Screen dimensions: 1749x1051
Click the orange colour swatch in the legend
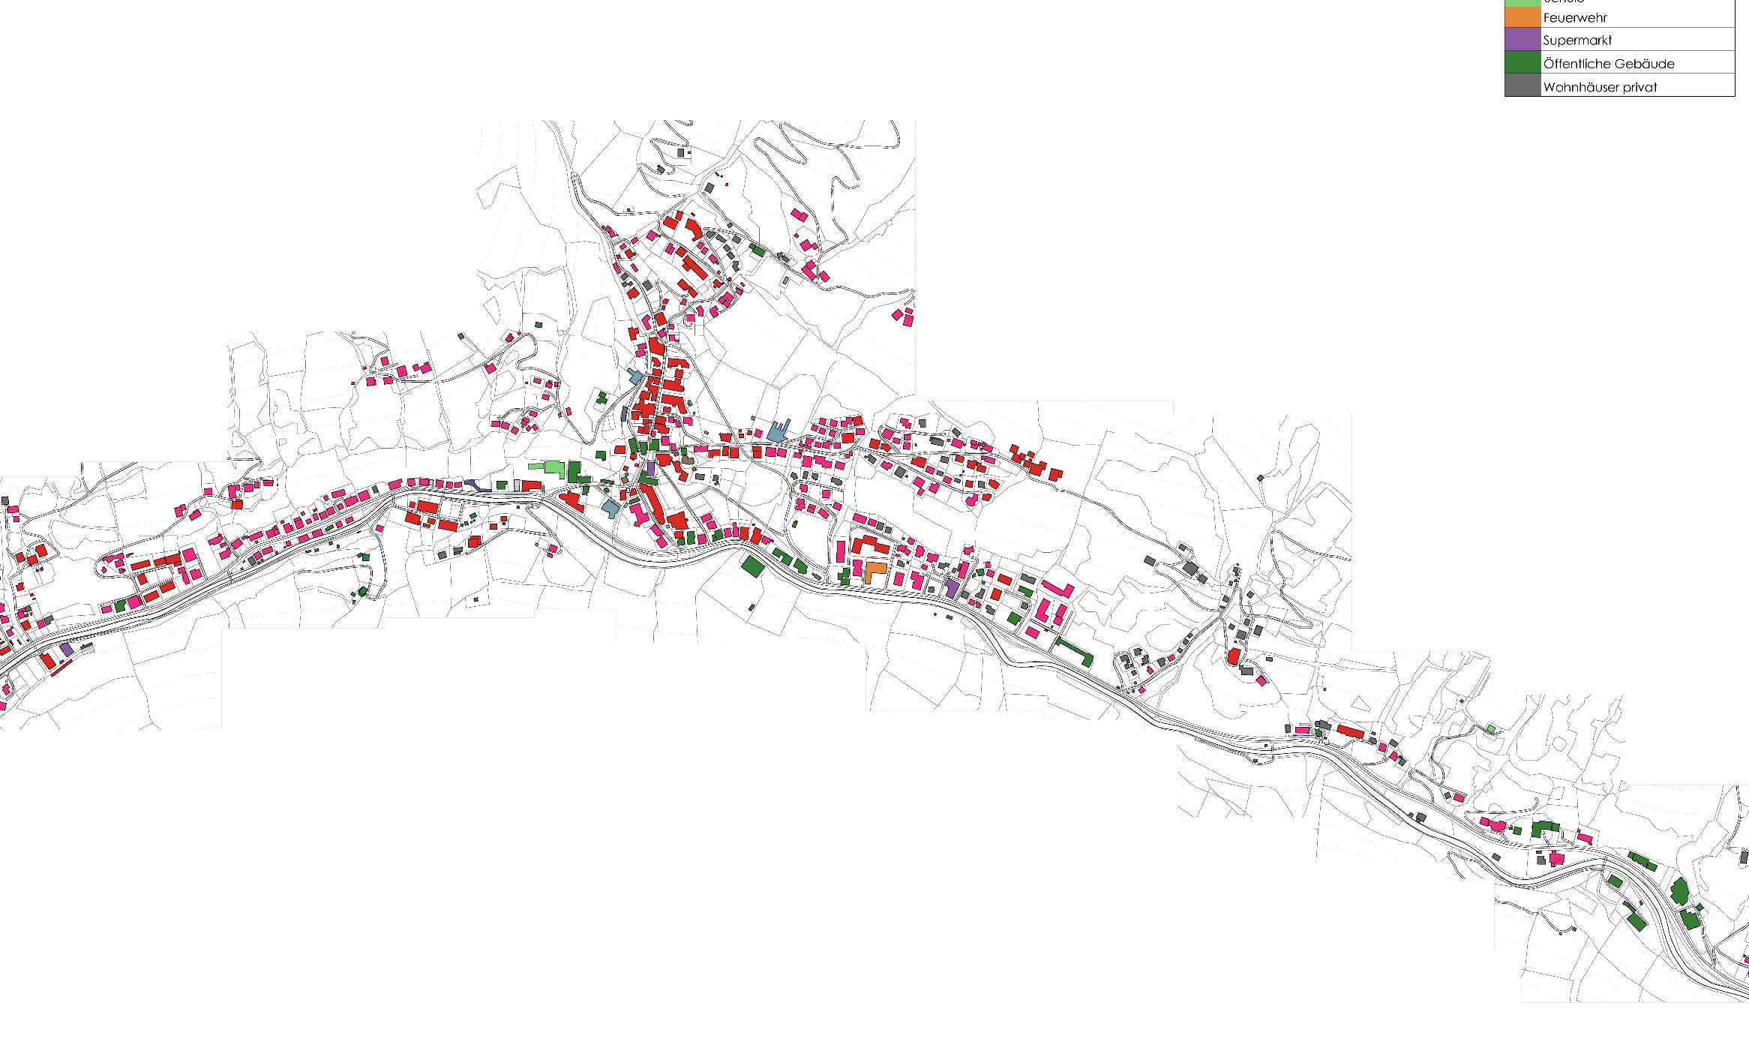click(x=1522, y=17)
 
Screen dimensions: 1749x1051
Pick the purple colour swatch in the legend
click(x=1522, y=39)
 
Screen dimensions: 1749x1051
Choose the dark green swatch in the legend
click(x=1522, y=62)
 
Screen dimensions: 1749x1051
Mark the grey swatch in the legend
click(x=1522, y=86)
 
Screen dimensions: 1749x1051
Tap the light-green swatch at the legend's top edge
click(x=1522, y=2)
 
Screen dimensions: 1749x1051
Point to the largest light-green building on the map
click(x=554, y=467)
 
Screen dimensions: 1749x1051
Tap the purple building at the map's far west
click(x=67, y=649)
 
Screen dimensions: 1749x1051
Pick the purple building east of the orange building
click(x=952, y=588)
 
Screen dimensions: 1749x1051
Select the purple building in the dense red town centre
click(x=650, y=470)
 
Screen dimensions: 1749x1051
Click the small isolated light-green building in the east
click(x=1491, y=728)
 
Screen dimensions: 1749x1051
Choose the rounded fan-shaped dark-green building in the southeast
click(x=1679, y=890)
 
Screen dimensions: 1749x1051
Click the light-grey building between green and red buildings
click(x=517, y=485)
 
